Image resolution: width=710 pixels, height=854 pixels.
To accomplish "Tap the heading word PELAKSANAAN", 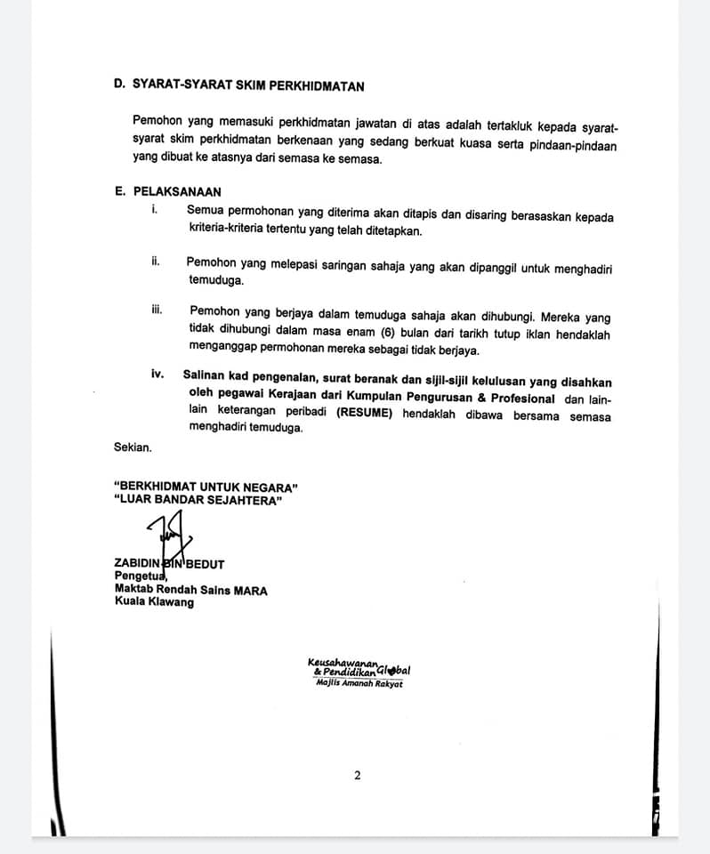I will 177,191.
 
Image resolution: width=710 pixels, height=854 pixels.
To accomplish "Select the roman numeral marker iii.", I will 157,310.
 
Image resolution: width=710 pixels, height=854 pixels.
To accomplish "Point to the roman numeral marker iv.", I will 158,375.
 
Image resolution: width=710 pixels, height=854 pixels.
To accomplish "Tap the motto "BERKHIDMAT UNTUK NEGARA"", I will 206,486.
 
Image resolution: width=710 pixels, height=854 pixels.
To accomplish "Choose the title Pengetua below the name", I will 134,576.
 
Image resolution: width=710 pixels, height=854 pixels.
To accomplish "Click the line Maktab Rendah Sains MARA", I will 190,589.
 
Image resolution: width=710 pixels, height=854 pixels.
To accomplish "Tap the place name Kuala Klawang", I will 154,602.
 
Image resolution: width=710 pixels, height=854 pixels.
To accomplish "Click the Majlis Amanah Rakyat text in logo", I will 359,683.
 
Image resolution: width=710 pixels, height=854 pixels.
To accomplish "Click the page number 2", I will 357,775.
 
